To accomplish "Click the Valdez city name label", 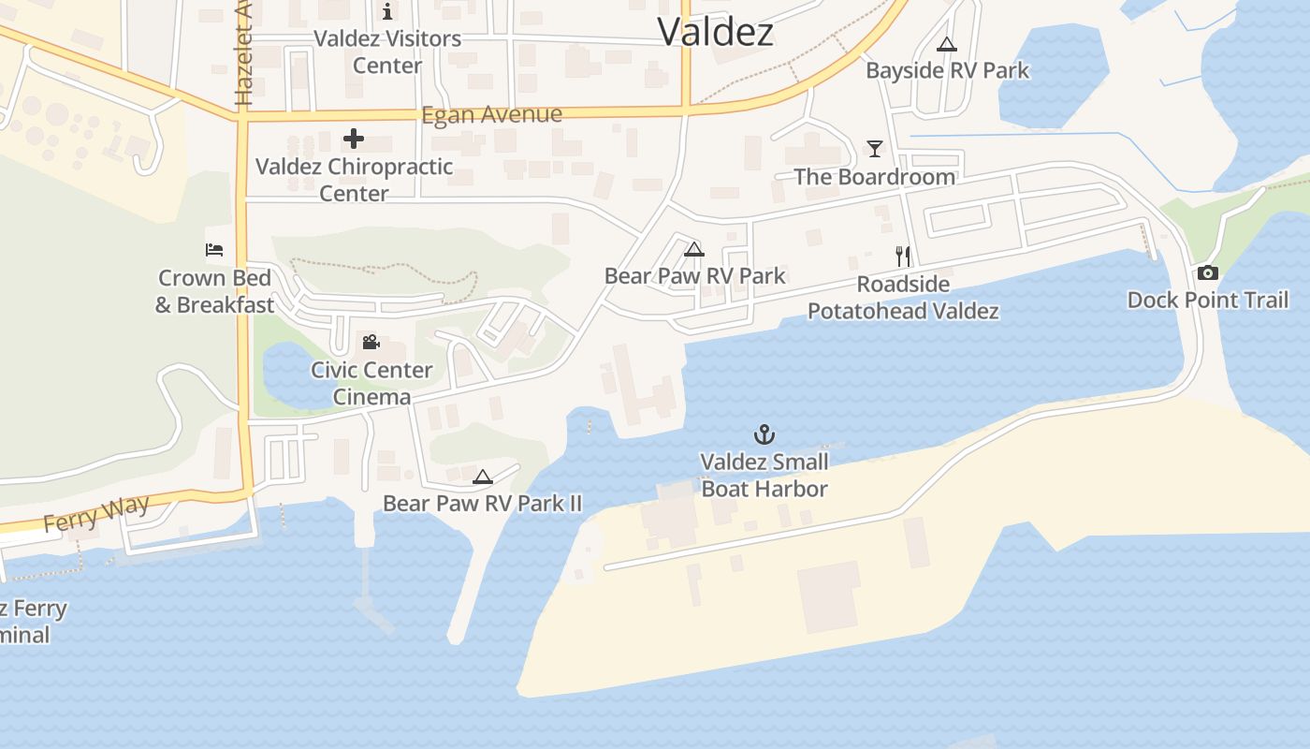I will point(715,32).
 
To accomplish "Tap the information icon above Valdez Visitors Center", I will point(387,11).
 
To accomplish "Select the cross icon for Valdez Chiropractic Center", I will point(353,140).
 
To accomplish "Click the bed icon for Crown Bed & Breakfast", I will point(214,250).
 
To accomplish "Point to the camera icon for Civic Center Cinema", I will point(371,343).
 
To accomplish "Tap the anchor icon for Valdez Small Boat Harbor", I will point(764,434).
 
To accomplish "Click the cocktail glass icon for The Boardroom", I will point(874,149).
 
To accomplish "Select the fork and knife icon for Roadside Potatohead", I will point(903,257).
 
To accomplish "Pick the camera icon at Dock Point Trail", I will point(1207,273).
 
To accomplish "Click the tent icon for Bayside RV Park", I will point(947,44).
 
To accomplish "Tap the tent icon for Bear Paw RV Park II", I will point(482,477).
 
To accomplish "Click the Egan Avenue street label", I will point(491,115).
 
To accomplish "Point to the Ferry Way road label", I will point(96,514).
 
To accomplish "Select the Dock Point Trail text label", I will point(1207,301).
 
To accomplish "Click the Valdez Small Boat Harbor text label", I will point(764,476).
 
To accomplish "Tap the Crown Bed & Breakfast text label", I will point(214,291).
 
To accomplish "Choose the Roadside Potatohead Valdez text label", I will point(903,298).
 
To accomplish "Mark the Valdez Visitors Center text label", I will point(387,52).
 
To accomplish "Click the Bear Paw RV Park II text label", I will point(482,504).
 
